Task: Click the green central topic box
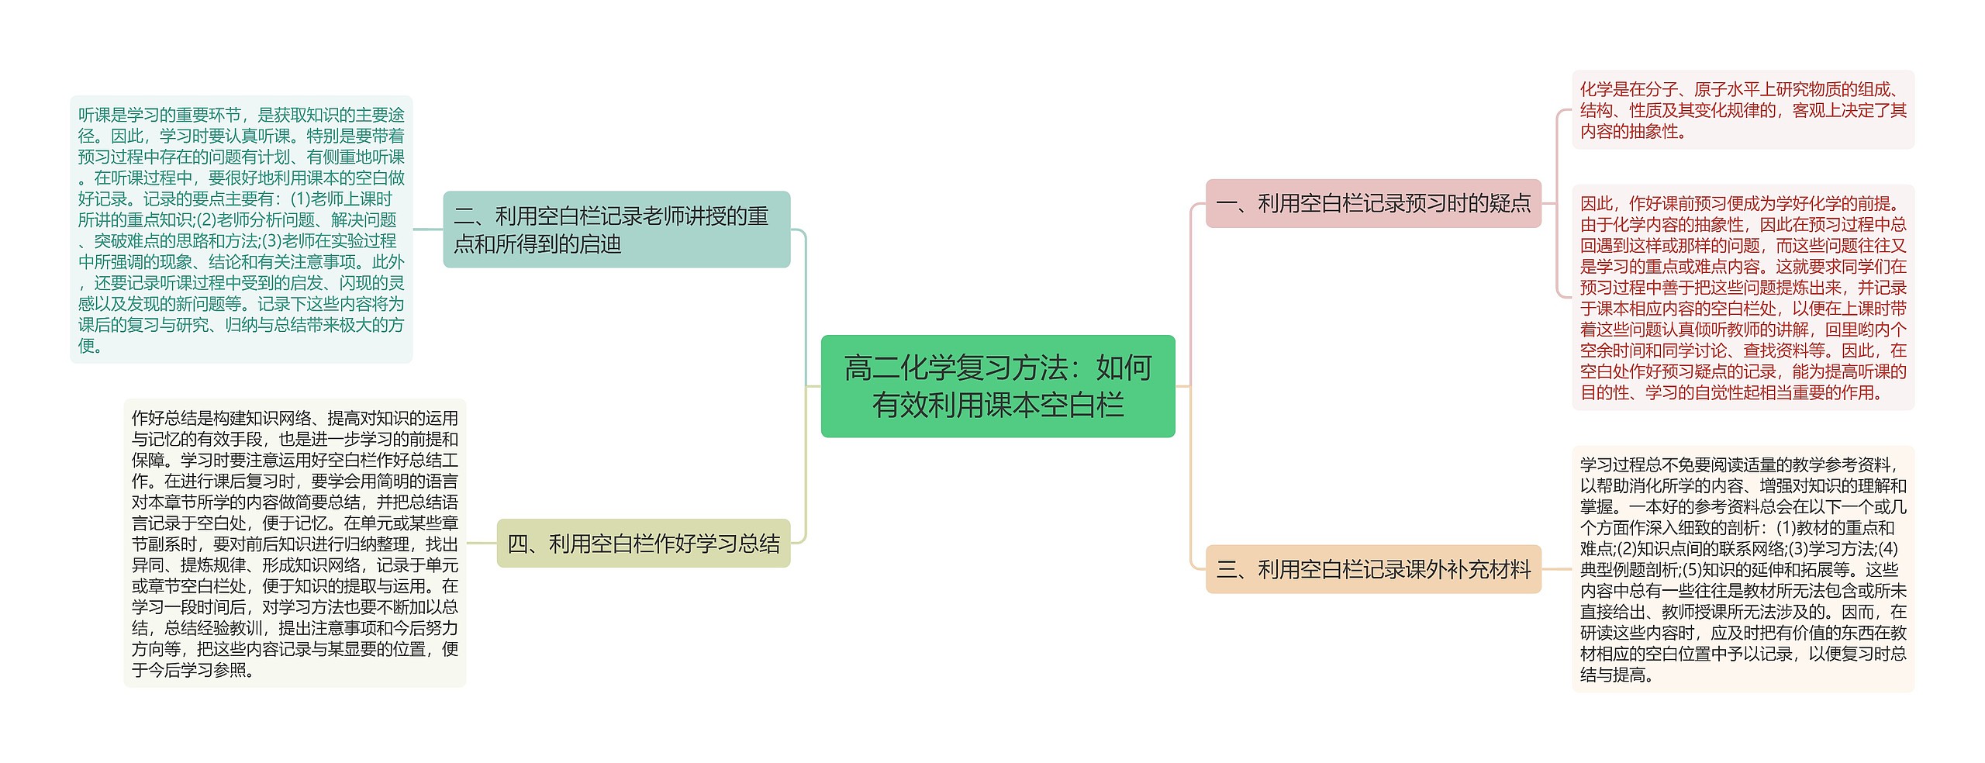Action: click(997, 386)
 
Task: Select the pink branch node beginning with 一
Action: click(1372, 203)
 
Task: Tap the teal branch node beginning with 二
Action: click(616, 230)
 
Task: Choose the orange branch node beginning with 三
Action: click(1372, 570)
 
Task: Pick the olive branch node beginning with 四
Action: click(643, 544)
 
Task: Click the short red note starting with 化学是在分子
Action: click(1742, 110)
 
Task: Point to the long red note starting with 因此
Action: click(1742, 298)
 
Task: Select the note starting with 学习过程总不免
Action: click(1742, 569)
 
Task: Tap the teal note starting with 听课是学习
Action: click(241, 230)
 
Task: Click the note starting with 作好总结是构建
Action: click(295, 543)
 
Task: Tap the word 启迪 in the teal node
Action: click(601, 245)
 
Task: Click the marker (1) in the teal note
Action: click(301, 199)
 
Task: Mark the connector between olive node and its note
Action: click(482, 543)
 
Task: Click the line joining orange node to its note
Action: click(1556, 569)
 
